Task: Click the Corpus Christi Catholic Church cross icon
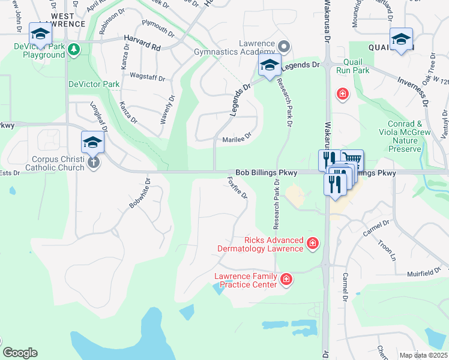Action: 93,163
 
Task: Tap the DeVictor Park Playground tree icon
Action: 74,49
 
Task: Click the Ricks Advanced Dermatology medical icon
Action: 312,243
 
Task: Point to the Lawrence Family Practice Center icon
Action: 286,279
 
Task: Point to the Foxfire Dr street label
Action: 238,188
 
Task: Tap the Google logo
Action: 20,353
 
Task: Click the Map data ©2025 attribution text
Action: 423,355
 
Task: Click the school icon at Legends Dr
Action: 270,67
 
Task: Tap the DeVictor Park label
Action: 94,85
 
